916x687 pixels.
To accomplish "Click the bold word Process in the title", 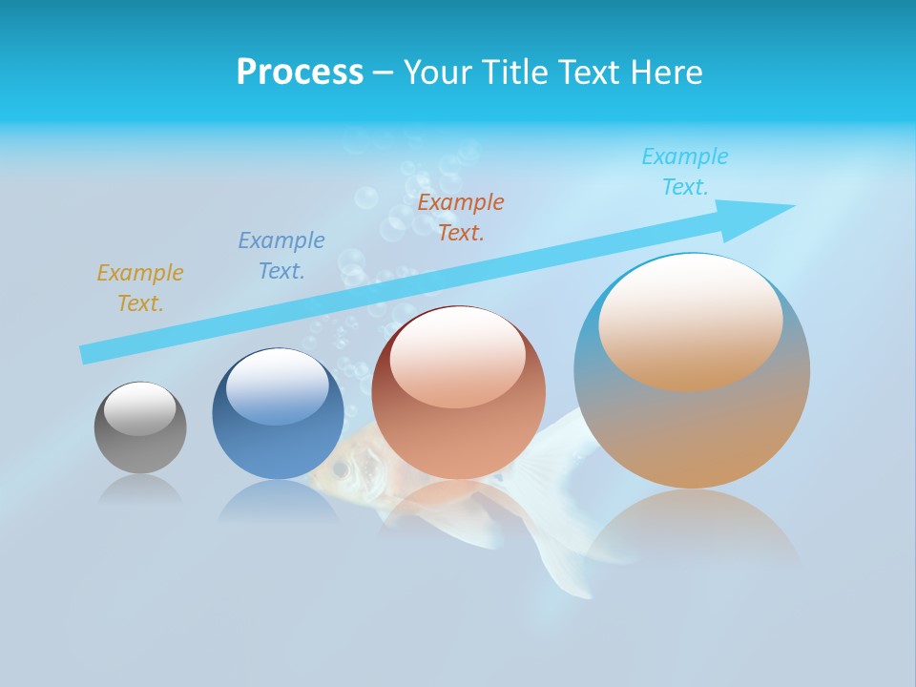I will point(300,73).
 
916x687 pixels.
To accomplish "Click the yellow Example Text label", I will point(140,288).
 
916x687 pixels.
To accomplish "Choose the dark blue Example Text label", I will point(281,256).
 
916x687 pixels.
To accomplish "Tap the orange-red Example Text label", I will point(461,218).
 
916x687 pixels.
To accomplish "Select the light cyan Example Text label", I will point(685,172).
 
